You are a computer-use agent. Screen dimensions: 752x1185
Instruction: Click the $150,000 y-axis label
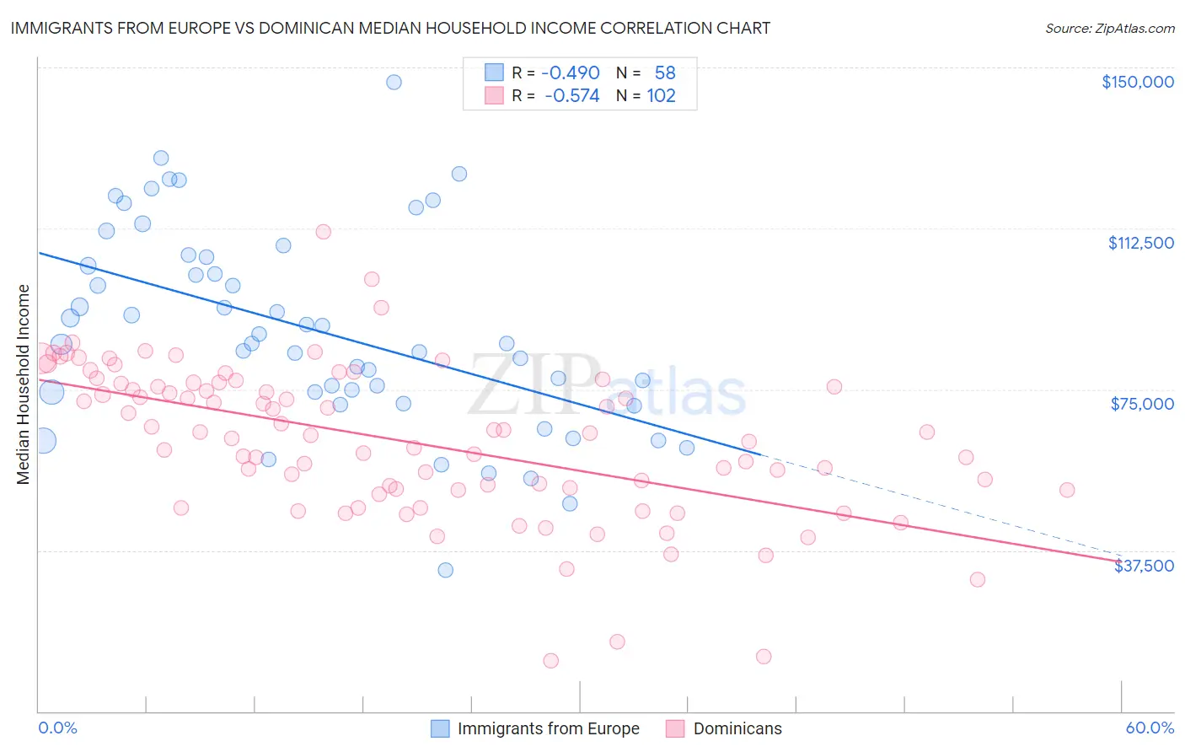(x=1137, y=82)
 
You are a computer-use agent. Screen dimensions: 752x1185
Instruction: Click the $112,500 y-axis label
(x=1140, y=243)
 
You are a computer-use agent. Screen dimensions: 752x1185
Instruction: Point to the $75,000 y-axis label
(x=1142, y=404)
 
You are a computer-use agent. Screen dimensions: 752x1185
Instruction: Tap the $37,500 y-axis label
(x=1144, y=566)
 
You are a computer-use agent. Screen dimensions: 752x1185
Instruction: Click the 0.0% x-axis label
(x=57, y=728)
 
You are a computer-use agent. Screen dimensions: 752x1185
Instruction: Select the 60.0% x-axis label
(x=1150, y=728)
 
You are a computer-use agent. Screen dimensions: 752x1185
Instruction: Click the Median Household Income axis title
(x=24, y=384)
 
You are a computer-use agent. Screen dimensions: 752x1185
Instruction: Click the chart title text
(x=390, y=28)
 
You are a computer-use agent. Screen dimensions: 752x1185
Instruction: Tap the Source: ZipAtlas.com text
(x=1109, y=28)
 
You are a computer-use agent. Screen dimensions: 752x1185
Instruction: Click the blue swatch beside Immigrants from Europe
(x=440, y=728)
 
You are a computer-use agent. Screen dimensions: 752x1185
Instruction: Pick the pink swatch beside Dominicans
(x=675, y=728)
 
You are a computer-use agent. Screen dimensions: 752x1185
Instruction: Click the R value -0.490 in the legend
(x=571, y=73)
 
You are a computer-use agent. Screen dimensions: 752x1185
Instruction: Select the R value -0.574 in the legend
(x=572, y=96)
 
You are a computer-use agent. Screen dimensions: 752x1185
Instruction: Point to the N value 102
(x=661, y=96)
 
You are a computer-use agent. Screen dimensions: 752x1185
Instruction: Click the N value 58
(x=665, y=73)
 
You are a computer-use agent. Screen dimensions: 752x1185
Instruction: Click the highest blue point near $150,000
(x=394, y=82)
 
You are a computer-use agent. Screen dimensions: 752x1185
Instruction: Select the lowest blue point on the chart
(x=445, y=570)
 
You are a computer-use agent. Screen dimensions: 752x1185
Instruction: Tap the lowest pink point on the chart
(x=550, y=660)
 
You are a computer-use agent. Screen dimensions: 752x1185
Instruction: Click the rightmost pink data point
(x=1067, y=490)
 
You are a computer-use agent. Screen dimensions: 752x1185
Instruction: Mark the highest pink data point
(x=324, y=232)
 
